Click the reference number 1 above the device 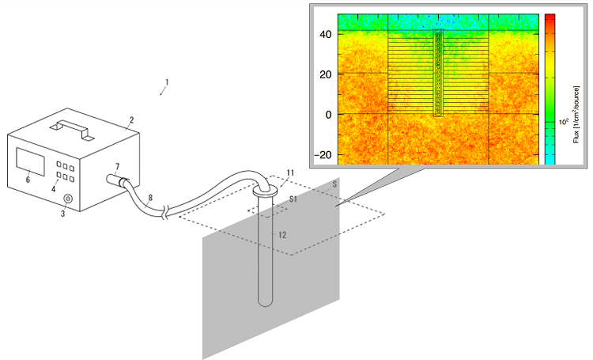(x=166, y=81)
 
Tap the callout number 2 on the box (x=132, y=120)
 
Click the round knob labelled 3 (x=67, y=198)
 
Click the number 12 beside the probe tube (x=283, y=235)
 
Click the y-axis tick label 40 (x=324, y=34)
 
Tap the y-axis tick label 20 (x=324, y=74)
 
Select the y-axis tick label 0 (x=327, y=115)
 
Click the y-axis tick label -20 (x=323, y=155)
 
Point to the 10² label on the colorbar (x=565, y=122)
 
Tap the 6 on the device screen (x=29, y=180)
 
